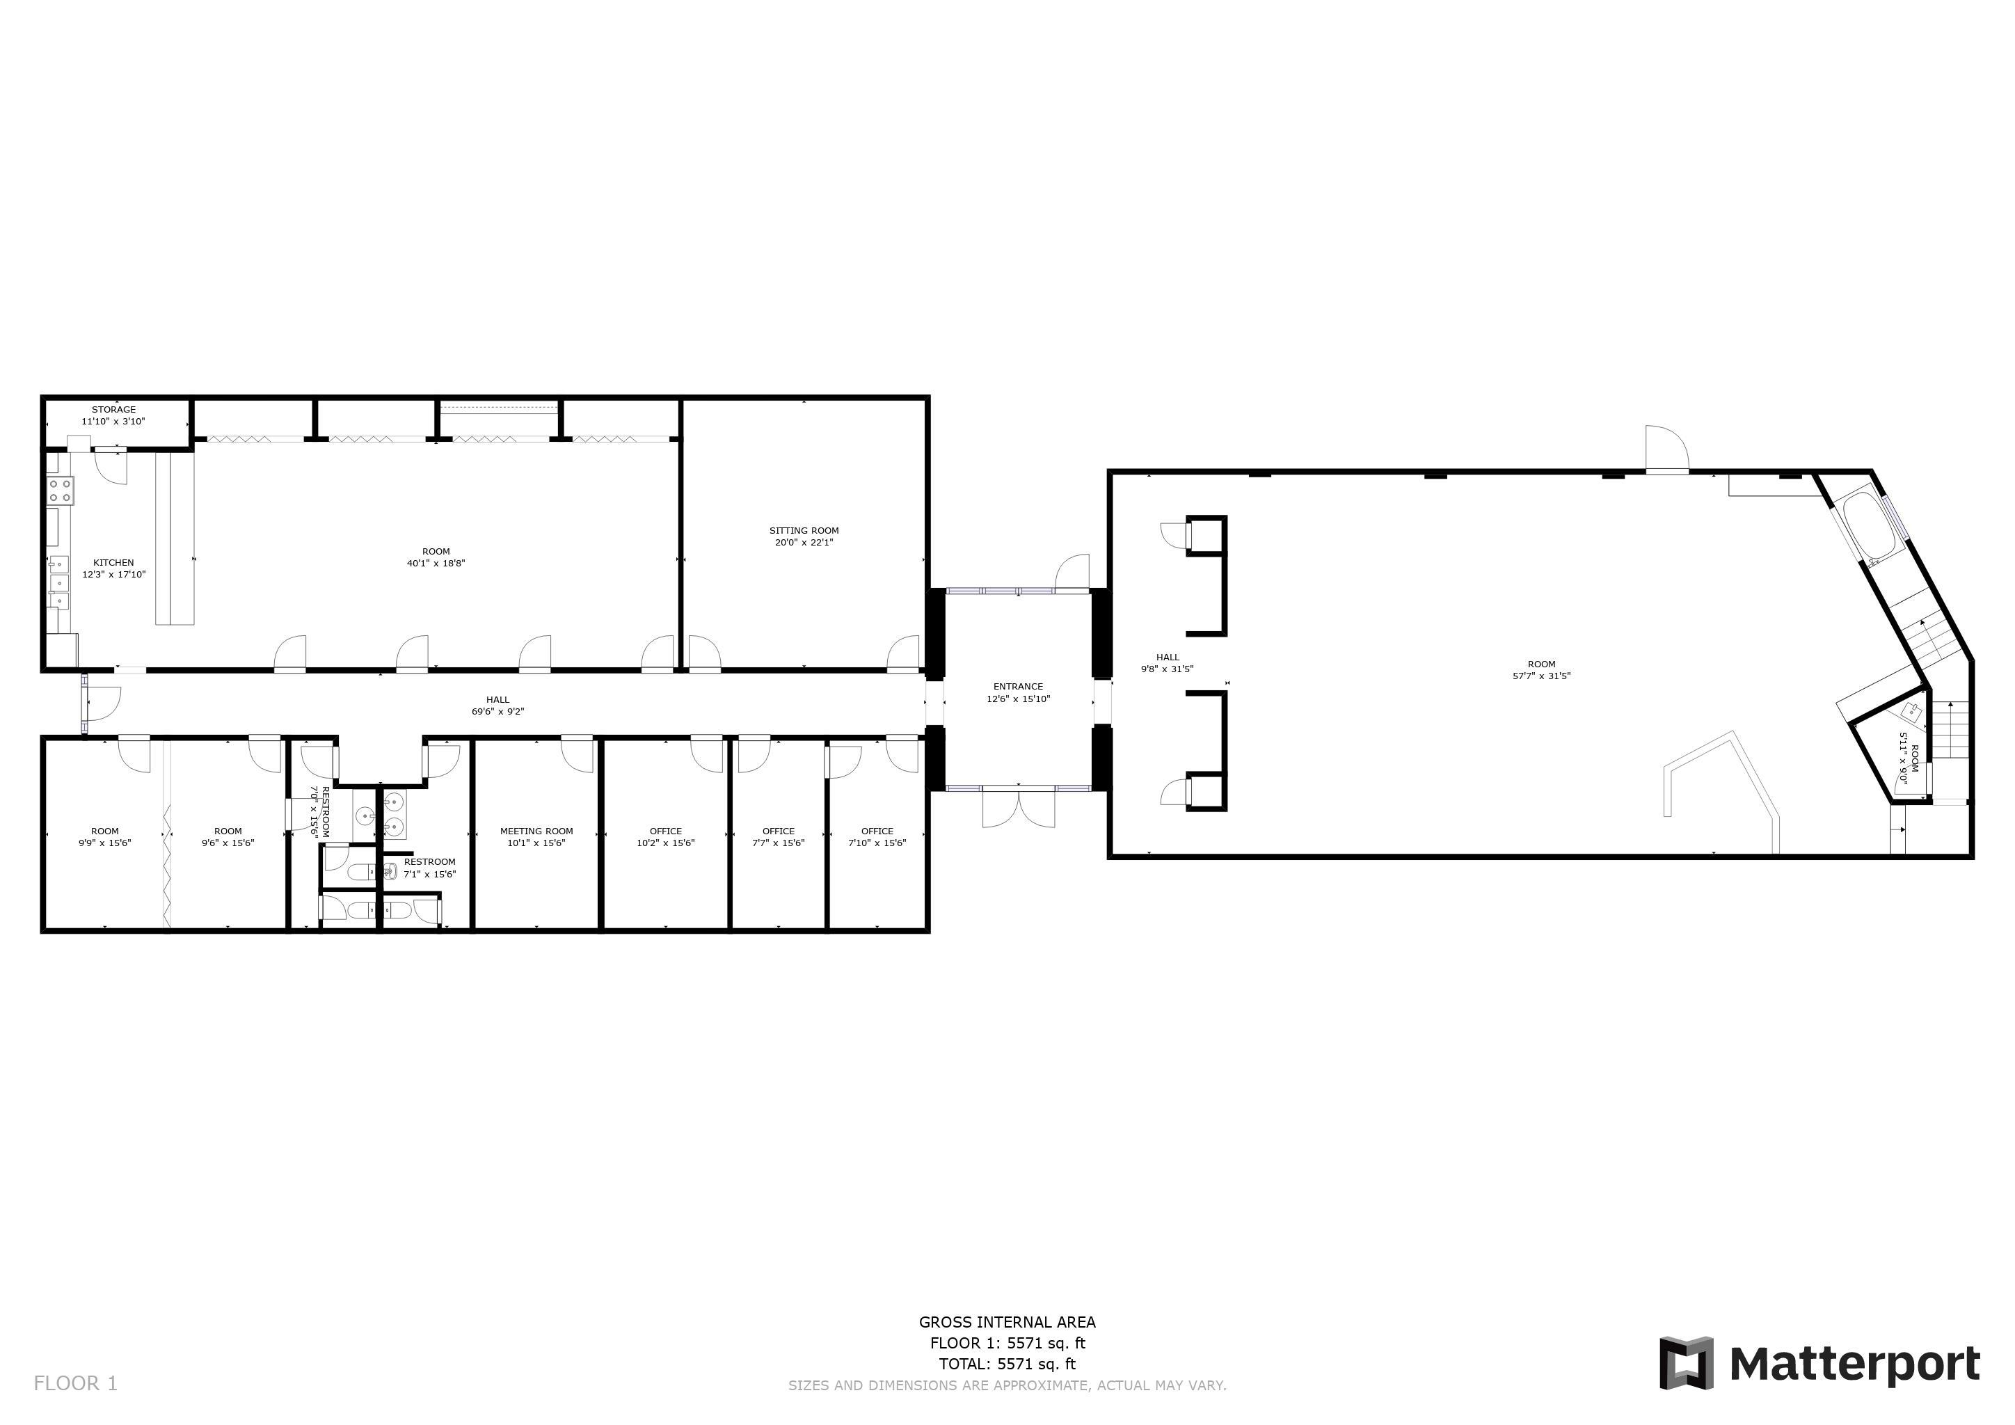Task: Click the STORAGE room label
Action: click(114, 410)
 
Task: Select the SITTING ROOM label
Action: click(804, 531)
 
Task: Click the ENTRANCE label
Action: click(1018, 687)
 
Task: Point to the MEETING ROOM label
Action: click(536, 831)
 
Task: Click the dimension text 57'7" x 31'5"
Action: click(1541, 676)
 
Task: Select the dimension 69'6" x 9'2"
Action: click(497, 712)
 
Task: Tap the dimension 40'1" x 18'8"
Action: click(436, 564)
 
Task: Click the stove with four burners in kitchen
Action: click(61, 491)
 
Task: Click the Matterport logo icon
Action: click(1686, 1362)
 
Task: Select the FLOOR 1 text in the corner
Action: click(75, 1383)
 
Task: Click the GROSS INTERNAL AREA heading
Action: click(1007, 1321)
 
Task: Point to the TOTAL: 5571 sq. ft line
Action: click(1007, 1364)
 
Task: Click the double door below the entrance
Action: click(1018, 807)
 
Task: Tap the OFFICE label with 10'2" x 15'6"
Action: click(665, 831)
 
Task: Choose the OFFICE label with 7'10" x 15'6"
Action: click(877, 831)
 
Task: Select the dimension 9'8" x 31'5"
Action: click(1168, 669)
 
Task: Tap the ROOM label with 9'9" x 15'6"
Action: click(104, 831)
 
